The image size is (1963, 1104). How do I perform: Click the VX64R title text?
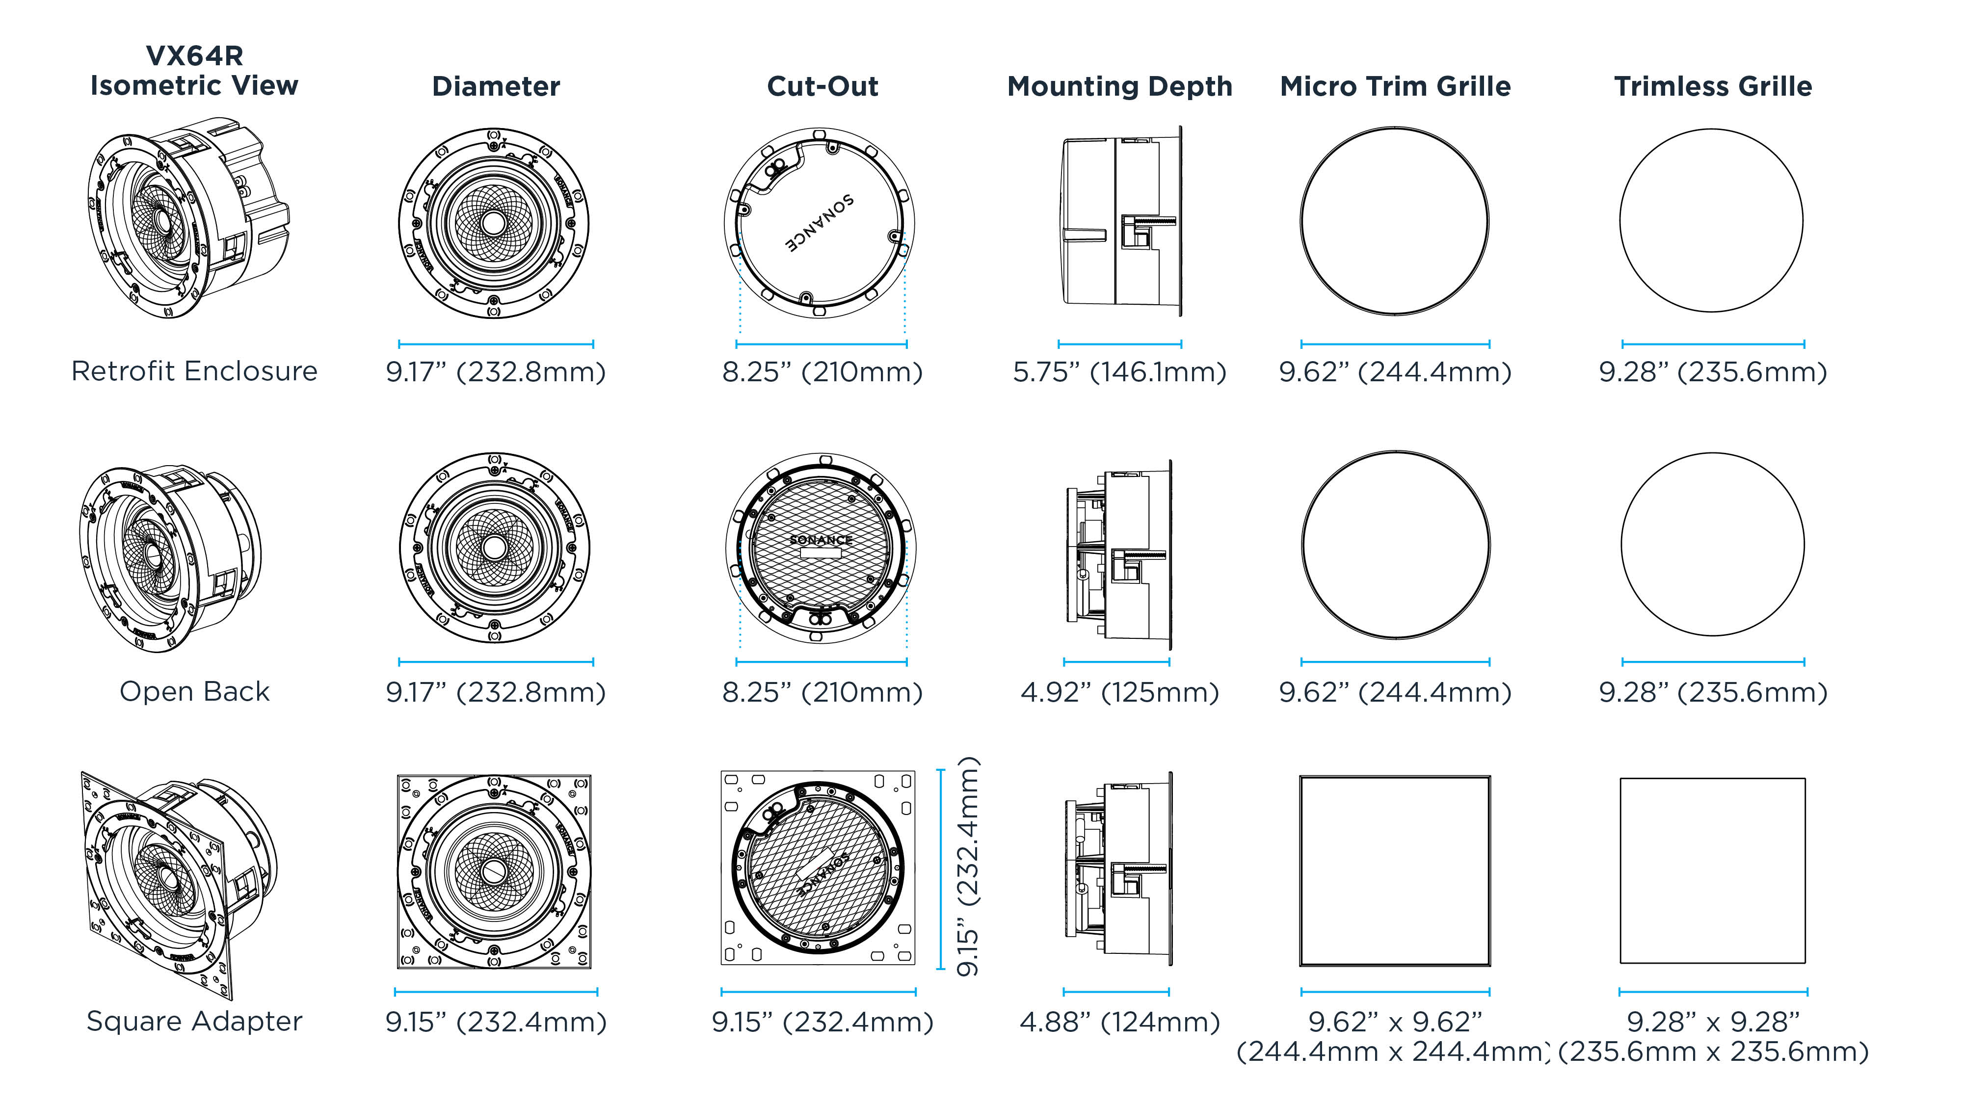tap(194, 55)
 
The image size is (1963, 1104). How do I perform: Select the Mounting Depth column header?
tap(1119, 87)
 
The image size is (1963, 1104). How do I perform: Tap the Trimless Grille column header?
tap(1712, 87)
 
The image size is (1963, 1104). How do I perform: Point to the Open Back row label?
tap(194, 692)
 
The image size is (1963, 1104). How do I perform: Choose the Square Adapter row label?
tap(194, 1021)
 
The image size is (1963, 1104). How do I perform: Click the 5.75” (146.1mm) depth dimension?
tap(1119, 372)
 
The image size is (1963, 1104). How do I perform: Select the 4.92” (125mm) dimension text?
tap(1119, 692)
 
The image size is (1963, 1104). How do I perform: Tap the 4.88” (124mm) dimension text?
tap(1119, 1022)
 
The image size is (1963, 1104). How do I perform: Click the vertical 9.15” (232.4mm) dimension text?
tap(968, 867)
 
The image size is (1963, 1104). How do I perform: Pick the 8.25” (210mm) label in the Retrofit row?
tap(822, 372)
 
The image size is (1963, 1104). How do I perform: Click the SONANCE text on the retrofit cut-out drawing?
tap(820, 222)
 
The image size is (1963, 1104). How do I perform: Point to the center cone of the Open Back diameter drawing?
tap(494, 547)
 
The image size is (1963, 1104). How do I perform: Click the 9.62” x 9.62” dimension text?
tap(1395, 1022)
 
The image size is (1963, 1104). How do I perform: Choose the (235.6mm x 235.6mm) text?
tap(1712, 1052)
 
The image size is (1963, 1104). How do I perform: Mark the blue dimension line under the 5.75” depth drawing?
tap(1119, 344)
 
